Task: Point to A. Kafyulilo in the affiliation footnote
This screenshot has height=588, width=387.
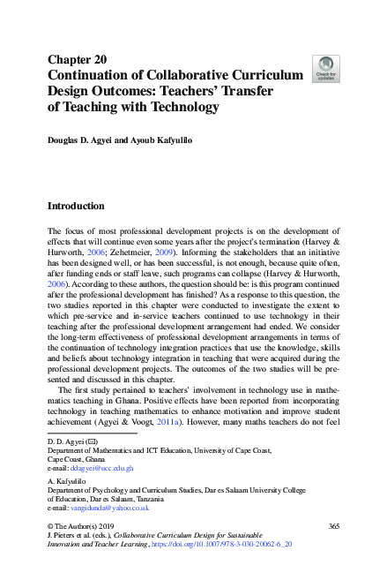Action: pos(67,481)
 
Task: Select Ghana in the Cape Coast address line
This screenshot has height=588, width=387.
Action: pos(100,459)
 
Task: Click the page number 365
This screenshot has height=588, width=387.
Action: pos(332,526)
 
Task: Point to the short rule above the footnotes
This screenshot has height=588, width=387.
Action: pos(91,433)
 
